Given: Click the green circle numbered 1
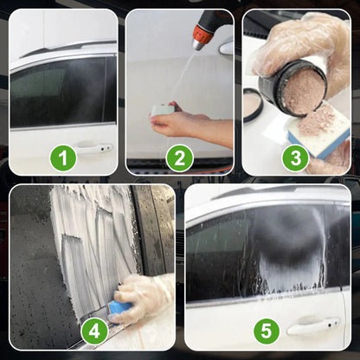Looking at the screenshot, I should tap(62, 157).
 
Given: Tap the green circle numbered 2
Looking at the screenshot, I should tap(179, 157).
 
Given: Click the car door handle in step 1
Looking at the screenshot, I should tap(94, 148).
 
